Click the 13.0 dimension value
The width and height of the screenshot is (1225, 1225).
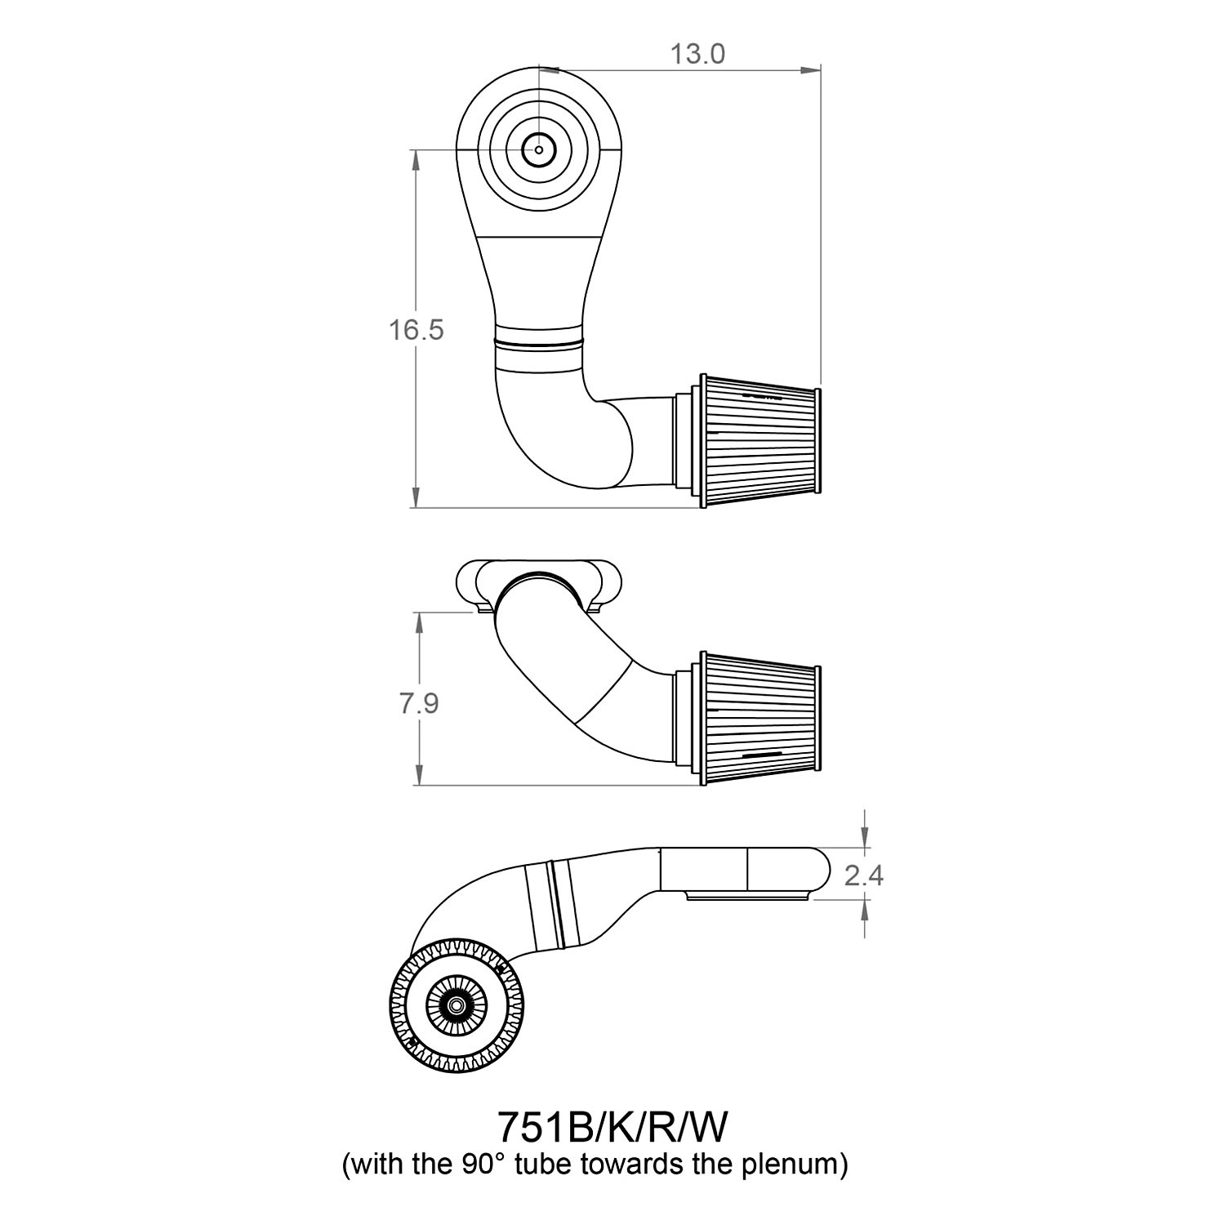(x=697, y=54)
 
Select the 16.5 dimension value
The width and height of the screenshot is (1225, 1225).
(x=416, y=330)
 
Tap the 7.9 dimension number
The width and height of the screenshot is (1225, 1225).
(x=419, y=702)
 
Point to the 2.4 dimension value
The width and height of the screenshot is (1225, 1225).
(x=864, y=875)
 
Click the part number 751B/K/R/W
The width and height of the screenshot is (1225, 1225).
(x=612, y=1129)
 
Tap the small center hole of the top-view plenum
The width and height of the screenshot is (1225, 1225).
(x=538, y=150)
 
